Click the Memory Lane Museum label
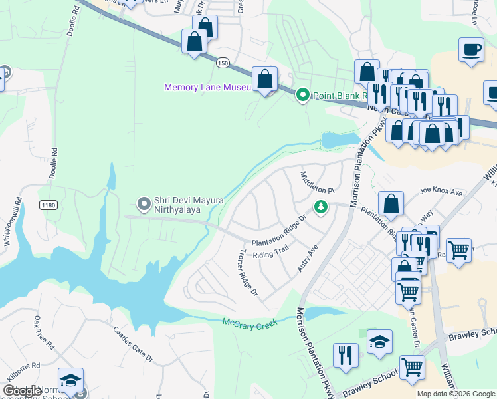tap(207, 88)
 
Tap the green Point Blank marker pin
tap(303, 96)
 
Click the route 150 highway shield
tap(223, 62)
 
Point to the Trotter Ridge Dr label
tap(247, 273)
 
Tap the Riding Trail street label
tap(269, 255)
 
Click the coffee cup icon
tap(471, 51)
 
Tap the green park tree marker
tap(321, 207)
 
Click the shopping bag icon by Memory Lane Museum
tap(264, 79)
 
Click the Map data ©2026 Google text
tap(455, 394)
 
